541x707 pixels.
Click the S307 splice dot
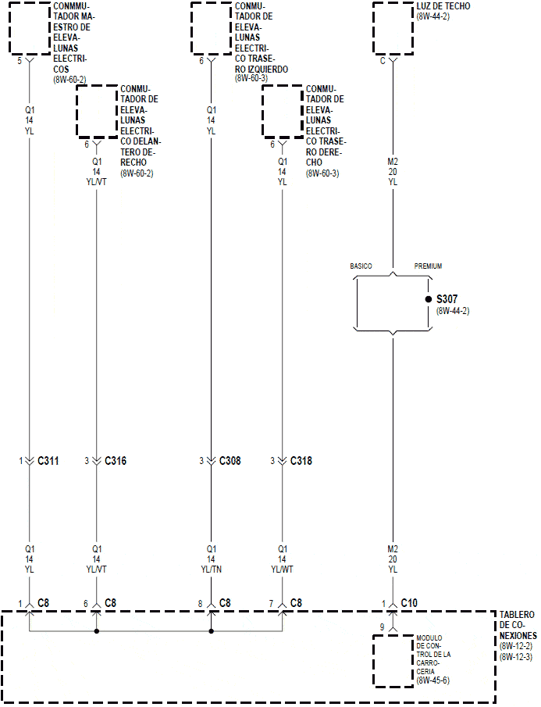(x=428, y=299)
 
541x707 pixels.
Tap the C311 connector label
(x=48, y=461)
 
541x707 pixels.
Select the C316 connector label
(x=116, y=461)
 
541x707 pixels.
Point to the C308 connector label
(x=230, y=461)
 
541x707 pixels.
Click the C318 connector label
(x=301, y=461)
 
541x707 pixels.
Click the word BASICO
(x=361, y=266)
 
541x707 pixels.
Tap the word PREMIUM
(x=428, y=266)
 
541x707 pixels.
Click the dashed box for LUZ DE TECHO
(x=393, y=28)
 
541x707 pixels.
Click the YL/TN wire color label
(x=211, y=570)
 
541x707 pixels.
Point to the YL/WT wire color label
(x=282, y=570)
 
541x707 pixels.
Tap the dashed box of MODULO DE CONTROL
(x=393, y=661)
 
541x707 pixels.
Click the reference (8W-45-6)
(x=434, y=681)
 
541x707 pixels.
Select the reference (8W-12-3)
(x=516, y=657)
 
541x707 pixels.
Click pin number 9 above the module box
(x=382, y=627)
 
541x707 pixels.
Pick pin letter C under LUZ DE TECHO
(x=383, y=60)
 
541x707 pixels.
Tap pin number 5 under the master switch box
(x=20, y=60)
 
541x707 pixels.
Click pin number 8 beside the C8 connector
(x=200, y=603)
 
